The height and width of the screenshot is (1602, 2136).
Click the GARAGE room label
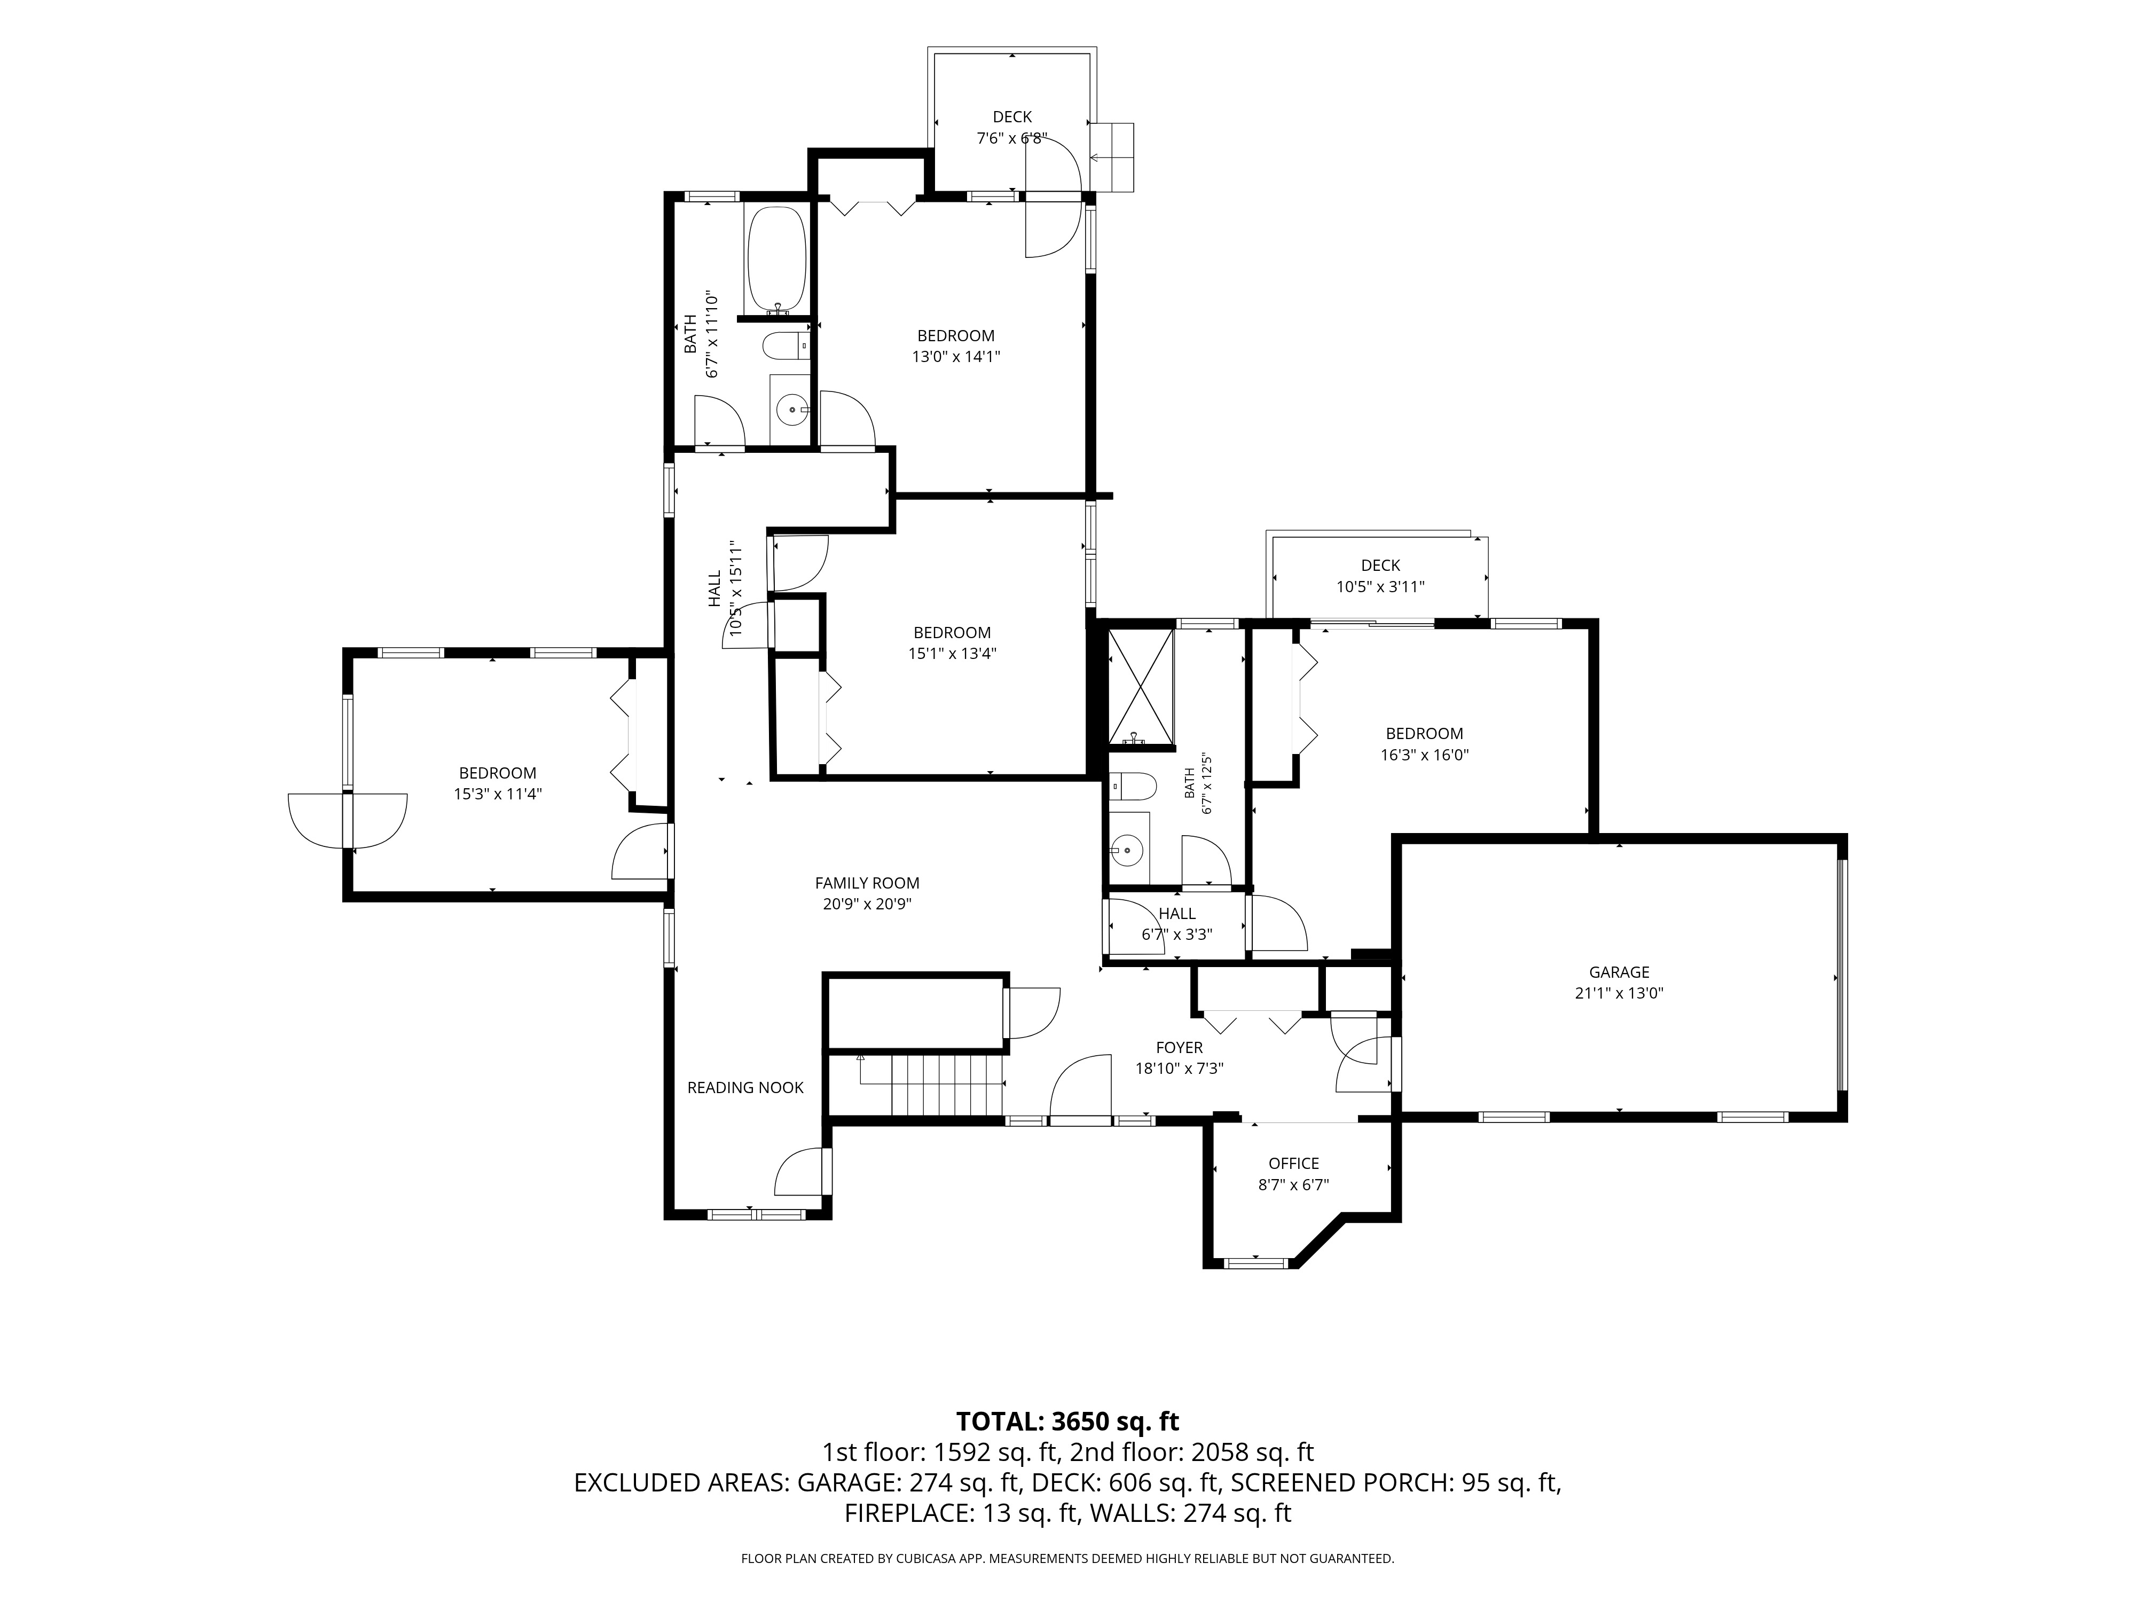coord(1620,972)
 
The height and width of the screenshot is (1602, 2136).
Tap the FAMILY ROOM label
coord(867,883)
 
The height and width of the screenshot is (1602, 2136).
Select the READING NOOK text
coord(745,1087)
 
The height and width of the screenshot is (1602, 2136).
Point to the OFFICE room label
coord(1294,1164)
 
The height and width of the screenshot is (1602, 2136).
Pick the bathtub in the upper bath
coord(776,260)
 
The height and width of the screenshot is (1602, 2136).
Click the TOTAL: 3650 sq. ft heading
coord(1068,1422)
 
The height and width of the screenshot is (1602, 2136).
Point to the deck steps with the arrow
coord(1111,158)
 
